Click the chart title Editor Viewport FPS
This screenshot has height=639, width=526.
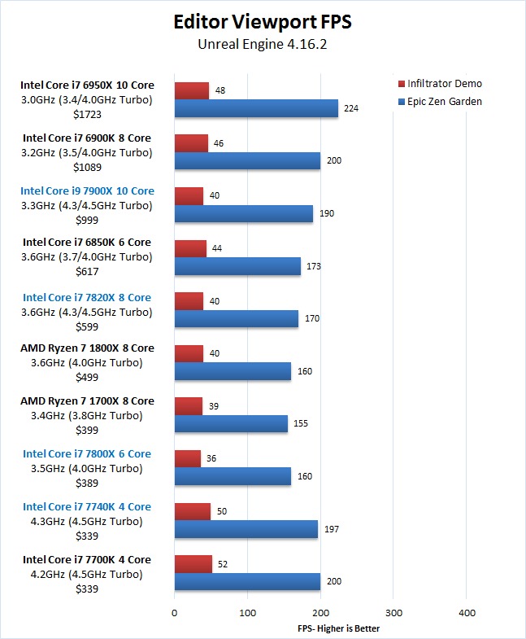[262, 21]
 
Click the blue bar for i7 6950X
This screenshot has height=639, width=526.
[256, 108]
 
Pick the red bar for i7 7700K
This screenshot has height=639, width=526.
[193, 563]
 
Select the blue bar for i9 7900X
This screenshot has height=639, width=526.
[244, 213]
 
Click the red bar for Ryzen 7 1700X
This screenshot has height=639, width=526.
[189, 405]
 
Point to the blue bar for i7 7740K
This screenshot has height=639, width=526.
[246, 529]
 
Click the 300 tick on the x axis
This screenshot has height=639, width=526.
[393, 612]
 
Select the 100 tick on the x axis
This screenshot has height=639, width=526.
[247, 612]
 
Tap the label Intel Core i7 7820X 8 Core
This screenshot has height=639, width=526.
[87, 297]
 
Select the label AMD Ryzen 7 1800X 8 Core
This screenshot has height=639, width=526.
[87, 348]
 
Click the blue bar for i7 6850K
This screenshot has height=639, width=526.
[237, 266]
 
